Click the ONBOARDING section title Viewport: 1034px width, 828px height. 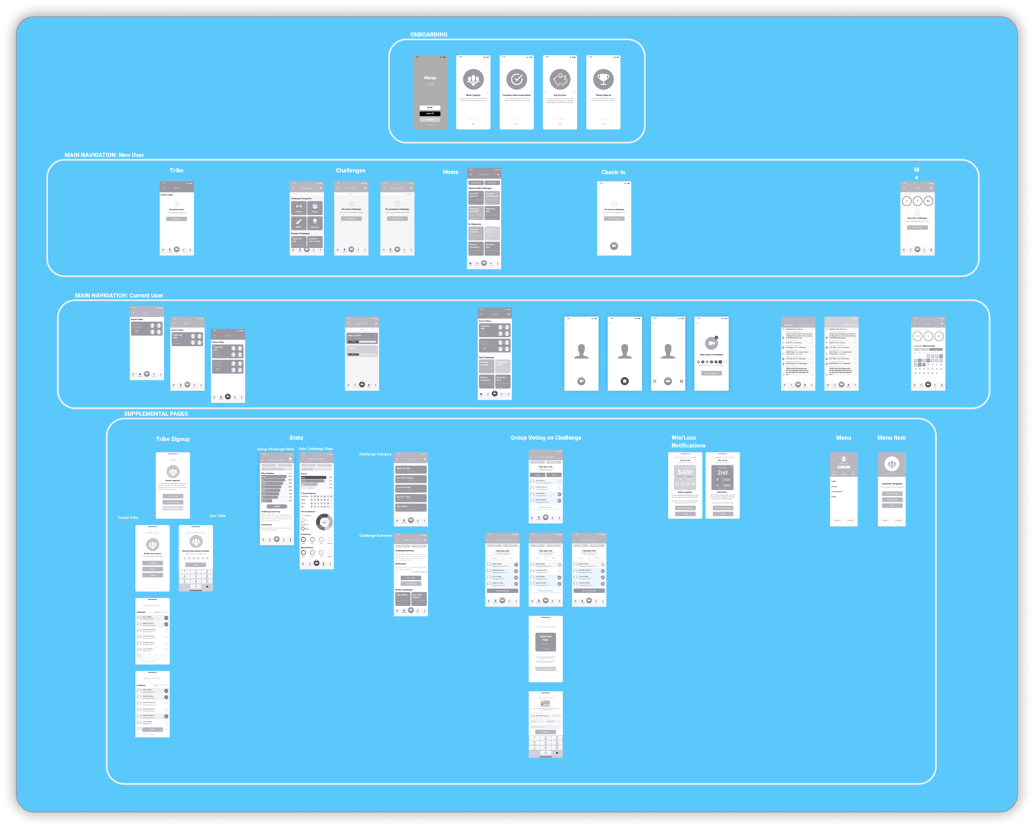429,34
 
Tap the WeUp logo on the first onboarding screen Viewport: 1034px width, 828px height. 429,78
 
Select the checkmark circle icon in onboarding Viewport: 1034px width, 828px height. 516,79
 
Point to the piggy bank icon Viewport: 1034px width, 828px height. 560,79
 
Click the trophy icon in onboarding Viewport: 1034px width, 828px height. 603,79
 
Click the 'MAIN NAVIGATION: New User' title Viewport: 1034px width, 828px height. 104,155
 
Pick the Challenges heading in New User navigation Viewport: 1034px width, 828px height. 351,170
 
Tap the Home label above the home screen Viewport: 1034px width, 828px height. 450,172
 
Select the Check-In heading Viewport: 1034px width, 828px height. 614,172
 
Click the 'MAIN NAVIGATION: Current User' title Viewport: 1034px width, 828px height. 119,296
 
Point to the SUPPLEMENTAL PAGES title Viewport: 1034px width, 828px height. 156,414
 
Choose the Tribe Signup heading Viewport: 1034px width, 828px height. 172,439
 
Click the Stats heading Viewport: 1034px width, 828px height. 296,438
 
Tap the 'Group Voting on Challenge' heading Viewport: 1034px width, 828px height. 545,438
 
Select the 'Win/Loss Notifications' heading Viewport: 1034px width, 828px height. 688,441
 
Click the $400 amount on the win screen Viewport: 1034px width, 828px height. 685,472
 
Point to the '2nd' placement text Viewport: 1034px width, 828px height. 722,472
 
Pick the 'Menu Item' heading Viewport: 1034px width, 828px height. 891,438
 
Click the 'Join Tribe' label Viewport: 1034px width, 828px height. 217,516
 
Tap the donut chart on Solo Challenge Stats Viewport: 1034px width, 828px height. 324,522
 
